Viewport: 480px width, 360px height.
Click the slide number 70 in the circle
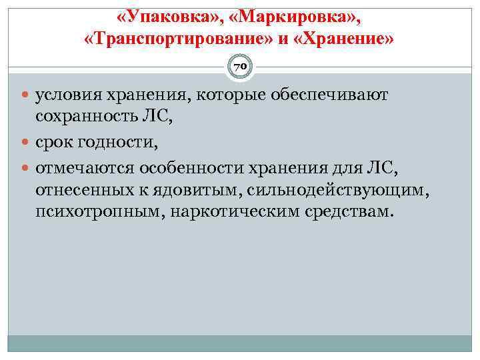coord(240,67)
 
